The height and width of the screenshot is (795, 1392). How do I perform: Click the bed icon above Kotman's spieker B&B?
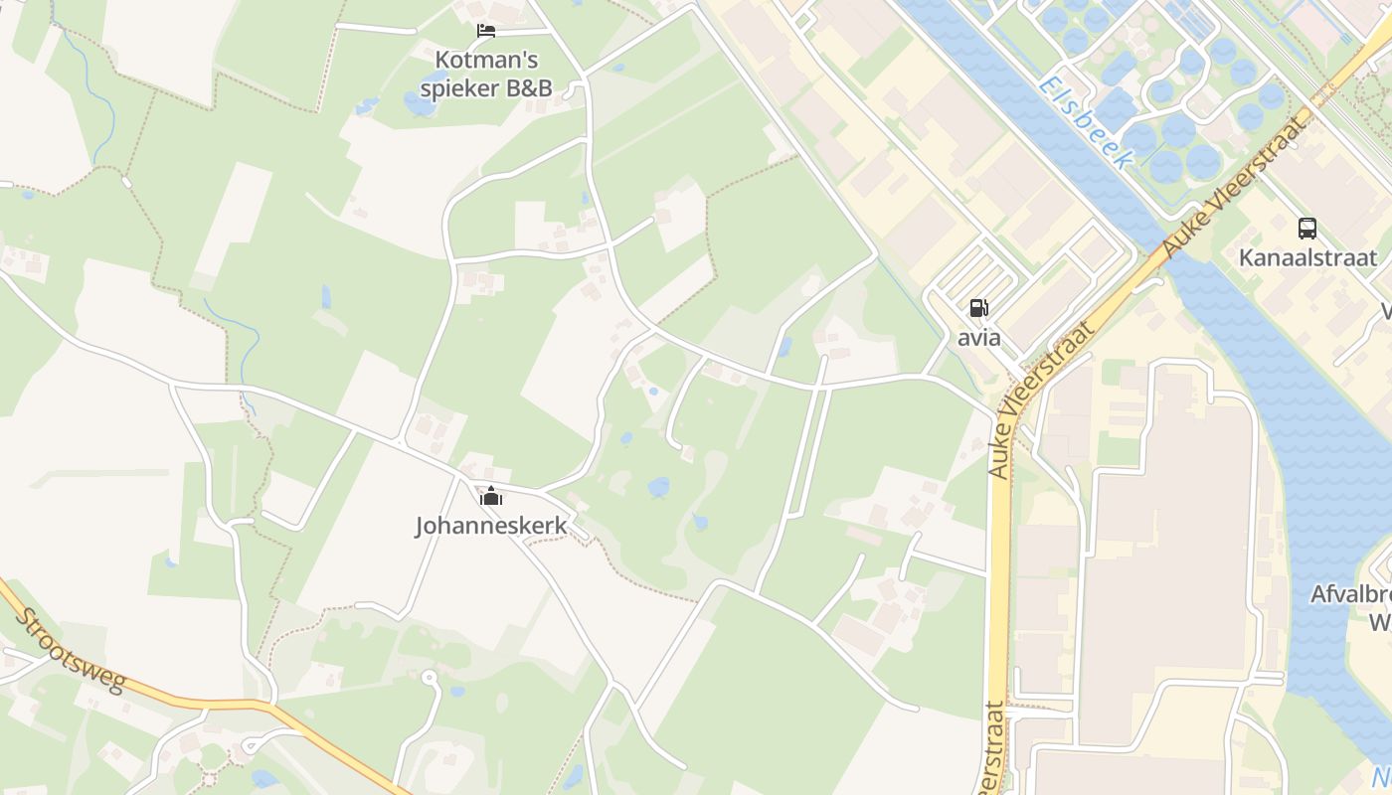pyautogui.click(x=486, y=31)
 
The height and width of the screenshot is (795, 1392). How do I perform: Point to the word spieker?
pyautogui.click(x=460, y=87)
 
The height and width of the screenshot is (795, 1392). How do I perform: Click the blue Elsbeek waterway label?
pyautogui.click(x=1086, y=122)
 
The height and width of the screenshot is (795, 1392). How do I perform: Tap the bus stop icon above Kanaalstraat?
pyautogui.click(x=1307, y=229)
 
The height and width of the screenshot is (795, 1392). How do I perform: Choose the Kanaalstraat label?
pyautogui.click(x=1307, y=258)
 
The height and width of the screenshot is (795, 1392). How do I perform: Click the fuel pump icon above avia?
pyautogui.click(x=979, y=308)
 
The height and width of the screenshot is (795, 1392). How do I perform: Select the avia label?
pyautogui.click(x=979, y=338)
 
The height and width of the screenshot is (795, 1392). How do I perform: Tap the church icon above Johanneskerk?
pyautogui.click(x=491, y=495)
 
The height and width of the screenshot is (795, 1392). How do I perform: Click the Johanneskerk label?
pyautogui.click(x=491, y=525)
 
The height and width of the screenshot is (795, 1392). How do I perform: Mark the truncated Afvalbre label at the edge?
pyautogui.click(x=1350, y=594)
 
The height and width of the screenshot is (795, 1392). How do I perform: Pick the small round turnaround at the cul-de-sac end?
pyautogui.click(x=429, y=678)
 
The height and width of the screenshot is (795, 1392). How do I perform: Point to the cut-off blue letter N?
pyautogui.click(x=1381, y=776)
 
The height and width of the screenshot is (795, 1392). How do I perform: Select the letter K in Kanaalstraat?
pyautogui.click(x=1246, y=258)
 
